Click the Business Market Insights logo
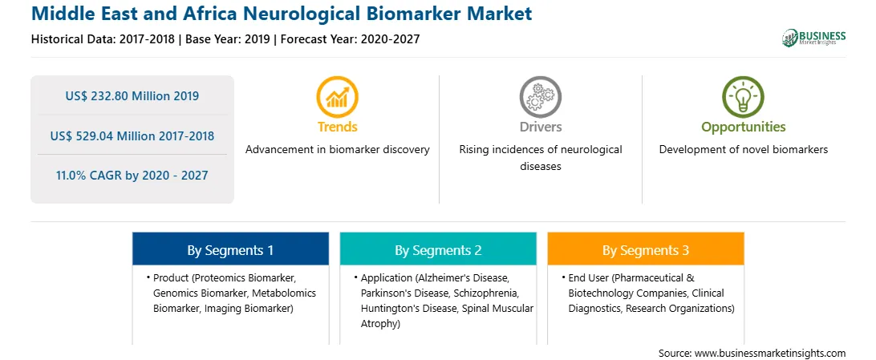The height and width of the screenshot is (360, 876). [x=813, y=38]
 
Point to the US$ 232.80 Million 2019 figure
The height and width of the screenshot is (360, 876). [x=132, y=96]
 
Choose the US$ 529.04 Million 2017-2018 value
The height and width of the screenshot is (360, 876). [x=132, y=136]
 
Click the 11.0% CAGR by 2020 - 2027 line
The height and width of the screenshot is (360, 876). [x=132, y=176]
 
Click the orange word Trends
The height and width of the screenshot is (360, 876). [x=338, y=127]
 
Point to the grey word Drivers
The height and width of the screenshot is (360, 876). [x=541, y=127]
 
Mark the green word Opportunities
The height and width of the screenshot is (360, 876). [x=744, y=127]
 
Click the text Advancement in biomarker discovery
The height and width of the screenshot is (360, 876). [x=338, y=150]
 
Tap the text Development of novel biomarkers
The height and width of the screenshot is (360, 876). [x=744, y=150]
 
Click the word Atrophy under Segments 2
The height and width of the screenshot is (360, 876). [x=380, y=323]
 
